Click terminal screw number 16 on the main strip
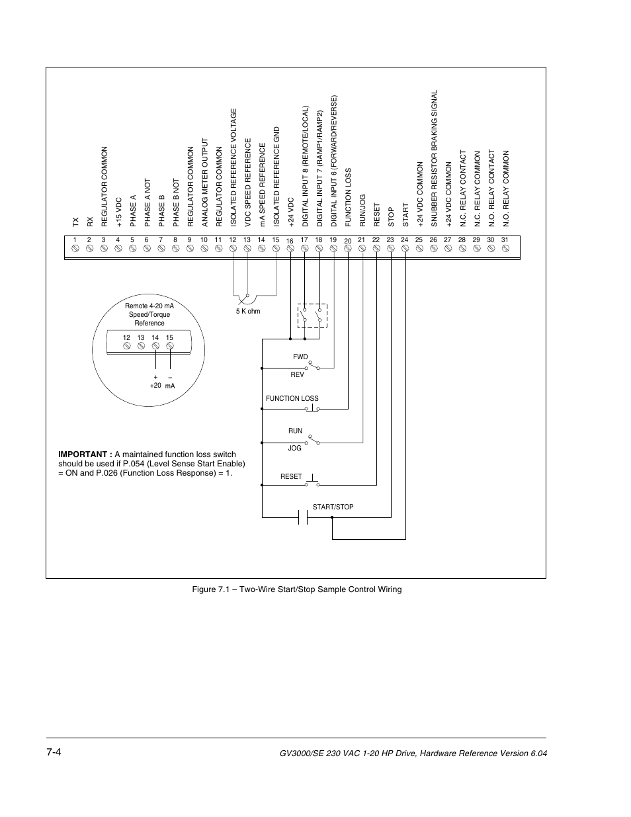click(x=290, y=249)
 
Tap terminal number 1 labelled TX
click(x=75, y=249)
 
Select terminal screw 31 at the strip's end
click(x=505, y=249)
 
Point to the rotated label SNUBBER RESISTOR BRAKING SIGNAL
click(x=434, y=159)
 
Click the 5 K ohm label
click(x=248, y=311)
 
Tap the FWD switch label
click(x=300, y=357)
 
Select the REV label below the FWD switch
click(x=297, y=374)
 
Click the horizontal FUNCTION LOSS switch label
click(x=292, y=399)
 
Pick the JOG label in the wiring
click(x=294, y=448)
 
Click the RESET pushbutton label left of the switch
click(x=291, y=476)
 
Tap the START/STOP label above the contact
click(x=333, y=507)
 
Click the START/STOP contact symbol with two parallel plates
click(x=304, y=517)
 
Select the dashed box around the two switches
click(x=312, y=316)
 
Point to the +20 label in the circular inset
click(x=155, y=385)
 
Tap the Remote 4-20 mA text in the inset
click(x=149, y=306)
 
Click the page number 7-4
click(x=54, y=753)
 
